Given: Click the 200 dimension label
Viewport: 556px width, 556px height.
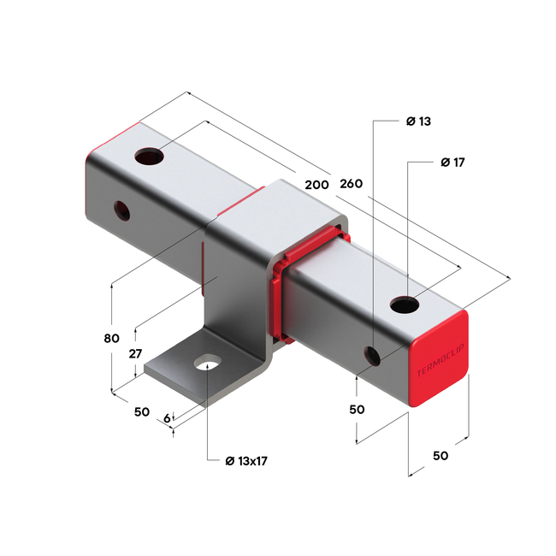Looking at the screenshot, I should [316, 184].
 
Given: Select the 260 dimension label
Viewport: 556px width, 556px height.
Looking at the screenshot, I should [352, 184].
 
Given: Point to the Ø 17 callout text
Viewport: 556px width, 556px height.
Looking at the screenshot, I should [451, 162].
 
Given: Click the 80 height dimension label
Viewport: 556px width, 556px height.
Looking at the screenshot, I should [111, 338].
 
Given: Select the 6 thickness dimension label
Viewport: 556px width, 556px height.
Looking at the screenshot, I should [167, 418].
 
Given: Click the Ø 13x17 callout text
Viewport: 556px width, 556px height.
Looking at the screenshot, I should [246, 461].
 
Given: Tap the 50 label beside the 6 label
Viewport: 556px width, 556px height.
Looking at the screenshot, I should [142, 411].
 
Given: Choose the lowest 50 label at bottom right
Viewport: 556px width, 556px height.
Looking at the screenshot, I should [440, 456].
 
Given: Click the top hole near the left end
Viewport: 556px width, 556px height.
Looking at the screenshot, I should [150, 157].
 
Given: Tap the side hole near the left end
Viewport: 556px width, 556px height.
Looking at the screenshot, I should [123, 209].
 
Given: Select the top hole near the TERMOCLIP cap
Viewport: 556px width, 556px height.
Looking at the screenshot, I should [405, 303].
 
